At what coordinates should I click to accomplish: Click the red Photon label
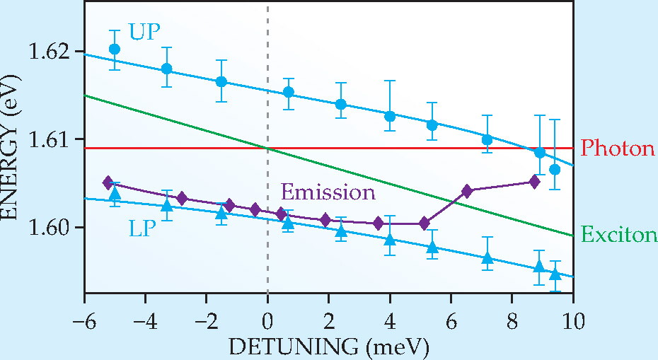tap(618, 149)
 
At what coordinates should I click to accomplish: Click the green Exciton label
tap(619, 235)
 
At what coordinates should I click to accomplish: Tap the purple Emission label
tap(328, 192)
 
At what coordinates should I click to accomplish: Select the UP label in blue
tap(145, 31)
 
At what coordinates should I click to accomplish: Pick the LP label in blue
tap(142, 228)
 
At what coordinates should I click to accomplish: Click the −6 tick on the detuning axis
tap(84, 322)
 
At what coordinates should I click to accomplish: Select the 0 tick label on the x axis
tap(267, 322)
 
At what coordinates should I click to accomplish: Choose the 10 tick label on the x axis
tap(573, 322)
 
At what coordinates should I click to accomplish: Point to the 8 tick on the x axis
tap(512, 322)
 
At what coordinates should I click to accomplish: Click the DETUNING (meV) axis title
tap(329, 347)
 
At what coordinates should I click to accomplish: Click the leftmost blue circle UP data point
tap(115, 49)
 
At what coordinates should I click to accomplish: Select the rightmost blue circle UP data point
tap(555, 169)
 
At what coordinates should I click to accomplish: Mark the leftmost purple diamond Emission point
tap(108, 182)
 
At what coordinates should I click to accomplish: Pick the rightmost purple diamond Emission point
tap(534, 182)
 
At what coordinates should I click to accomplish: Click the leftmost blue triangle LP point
tap(115, 193)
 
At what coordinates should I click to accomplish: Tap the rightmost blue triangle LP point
tap(555, 274)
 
